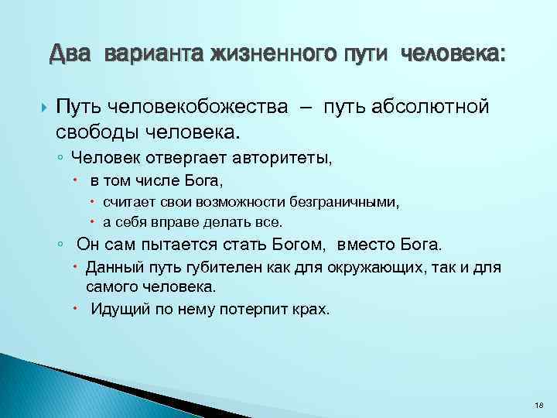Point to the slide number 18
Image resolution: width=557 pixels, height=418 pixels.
point(538,405)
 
